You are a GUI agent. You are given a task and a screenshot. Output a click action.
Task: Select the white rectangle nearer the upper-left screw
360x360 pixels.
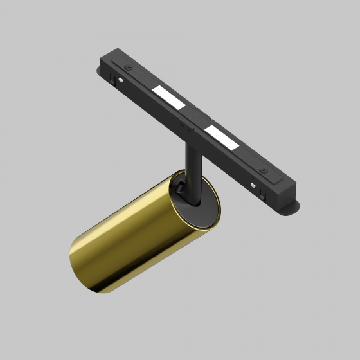(x=168, y=96)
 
